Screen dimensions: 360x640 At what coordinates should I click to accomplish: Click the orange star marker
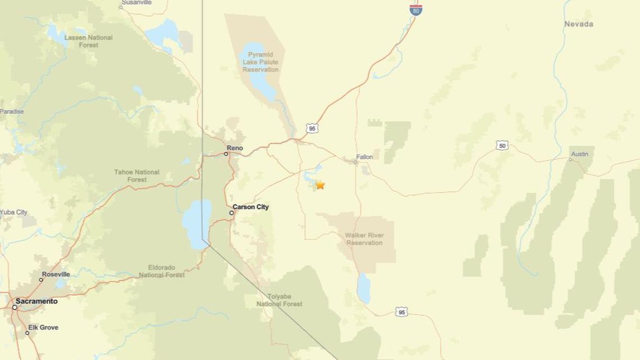[320, 185]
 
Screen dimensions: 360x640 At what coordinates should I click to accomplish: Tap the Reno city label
[235, 148]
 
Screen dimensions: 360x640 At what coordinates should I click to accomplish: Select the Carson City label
[250, 207]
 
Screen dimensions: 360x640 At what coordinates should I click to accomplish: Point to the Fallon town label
[364, 157]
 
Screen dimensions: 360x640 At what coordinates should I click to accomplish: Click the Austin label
[579, 154]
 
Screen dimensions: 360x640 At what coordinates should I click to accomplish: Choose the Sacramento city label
[36, 301]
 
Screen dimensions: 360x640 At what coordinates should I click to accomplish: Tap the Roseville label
[56, 274]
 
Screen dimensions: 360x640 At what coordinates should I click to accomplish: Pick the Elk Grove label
[43, 327]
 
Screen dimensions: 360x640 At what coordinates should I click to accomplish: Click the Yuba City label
[13, 212]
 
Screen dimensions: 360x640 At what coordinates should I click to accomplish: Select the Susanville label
[136, 3]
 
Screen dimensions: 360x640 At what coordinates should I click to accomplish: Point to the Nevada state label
[578, 24]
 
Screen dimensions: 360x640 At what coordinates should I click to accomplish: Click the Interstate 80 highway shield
[415, 9]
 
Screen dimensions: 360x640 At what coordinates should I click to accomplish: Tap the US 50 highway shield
[502, 145]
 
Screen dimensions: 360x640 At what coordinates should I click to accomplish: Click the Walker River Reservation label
[364, 239]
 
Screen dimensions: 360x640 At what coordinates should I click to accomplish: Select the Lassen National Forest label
[88, 41]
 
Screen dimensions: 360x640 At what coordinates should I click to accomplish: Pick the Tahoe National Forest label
[136, 176]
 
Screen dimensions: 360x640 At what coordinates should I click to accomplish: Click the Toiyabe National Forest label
[279, 300]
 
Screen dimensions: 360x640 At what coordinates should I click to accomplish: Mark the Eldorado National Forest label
[162, 271]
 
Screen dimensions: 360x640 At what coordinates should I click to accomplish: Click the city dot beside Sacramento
[15, 307]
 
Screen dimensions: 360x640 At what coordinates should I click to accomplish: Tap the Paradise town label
[12, 112]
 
